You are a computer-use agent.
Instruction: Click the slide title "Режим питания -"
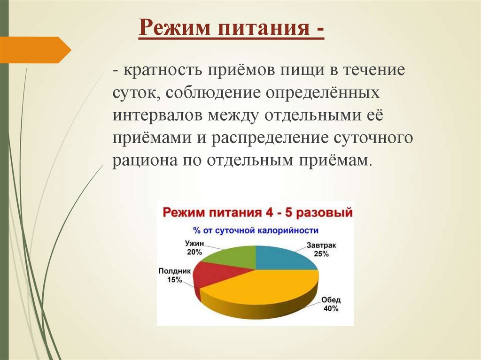pyautogui.click(x=232, y=30)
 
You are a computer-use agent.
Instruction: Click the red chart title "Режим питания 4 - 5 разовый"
pyautogui.click(x=257, y=213)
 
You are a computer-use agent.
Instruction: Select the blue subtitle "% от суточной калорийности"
pyautogui.click(x=256, y=230)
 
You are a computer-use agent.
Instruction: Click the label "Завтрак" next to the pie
pyautogui.click(x=322, y=245)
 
